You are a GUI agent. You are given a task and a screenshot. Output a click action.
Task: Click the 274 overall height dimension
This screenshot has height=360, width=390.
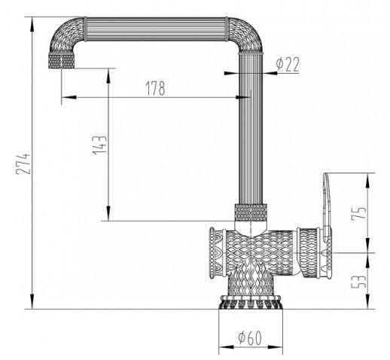click(23, 163)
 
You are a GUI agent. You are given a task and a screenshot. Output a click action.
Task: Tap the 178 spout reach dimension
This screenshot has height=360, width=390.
click(155, 88)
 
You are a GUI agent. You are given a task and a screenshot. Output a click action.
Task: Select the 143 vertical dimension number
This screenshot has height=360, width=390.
click(100, 145)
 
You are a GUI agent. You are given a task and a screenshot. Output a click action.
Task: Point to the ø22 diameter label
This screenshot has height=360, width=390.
click(288, 64)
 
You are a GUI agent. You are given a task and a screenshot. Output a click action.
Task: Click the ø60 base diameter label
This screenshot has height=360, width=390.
click(250, 337)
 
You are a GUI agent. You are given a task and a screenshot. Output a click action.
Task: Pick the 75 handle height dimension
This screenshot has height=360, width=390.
click(359, 213)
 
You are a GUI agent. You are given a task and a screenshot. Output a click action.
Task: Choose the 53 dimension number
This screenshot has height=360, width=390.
click(359, 282)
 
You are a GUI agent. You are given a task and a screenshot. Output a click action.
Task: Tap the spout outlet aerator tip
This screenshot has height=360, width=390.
click(62, 61)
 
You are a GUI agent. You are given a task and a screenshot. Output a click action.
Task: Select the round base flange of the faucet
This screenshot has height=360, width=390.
click(251, 302)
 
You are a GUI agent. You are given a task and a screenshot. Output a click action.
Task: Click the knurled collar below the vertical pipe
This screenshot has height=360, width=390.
click(251, 212)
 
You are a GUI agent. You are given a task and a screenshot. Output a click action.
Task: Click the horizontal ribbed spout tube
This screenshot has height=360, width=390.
click(156, 29)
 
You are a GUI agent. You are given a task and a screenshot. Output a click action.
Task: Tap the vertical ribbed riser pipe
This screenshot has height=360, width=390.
click(251, 129)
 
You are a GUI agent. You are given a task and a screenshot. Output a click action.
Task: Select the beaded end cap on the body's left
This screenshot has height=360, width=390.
click(212, 252)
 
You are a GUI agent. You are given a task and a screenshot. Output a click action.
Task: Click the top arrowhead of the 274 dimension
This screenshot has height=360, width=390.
click(32, 24)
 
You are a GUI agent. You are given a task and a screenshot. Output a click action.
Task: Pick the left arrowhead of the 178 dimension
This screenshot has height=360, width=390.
click(69, 97)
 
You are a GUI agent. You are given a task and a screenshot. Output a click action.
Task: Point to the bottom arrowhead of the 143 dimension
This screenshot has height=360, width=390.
click(108, 213)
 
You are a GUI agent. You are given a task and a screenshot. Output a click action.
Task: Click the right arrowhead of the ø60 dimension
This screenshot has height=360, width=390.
click(276, 347)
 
